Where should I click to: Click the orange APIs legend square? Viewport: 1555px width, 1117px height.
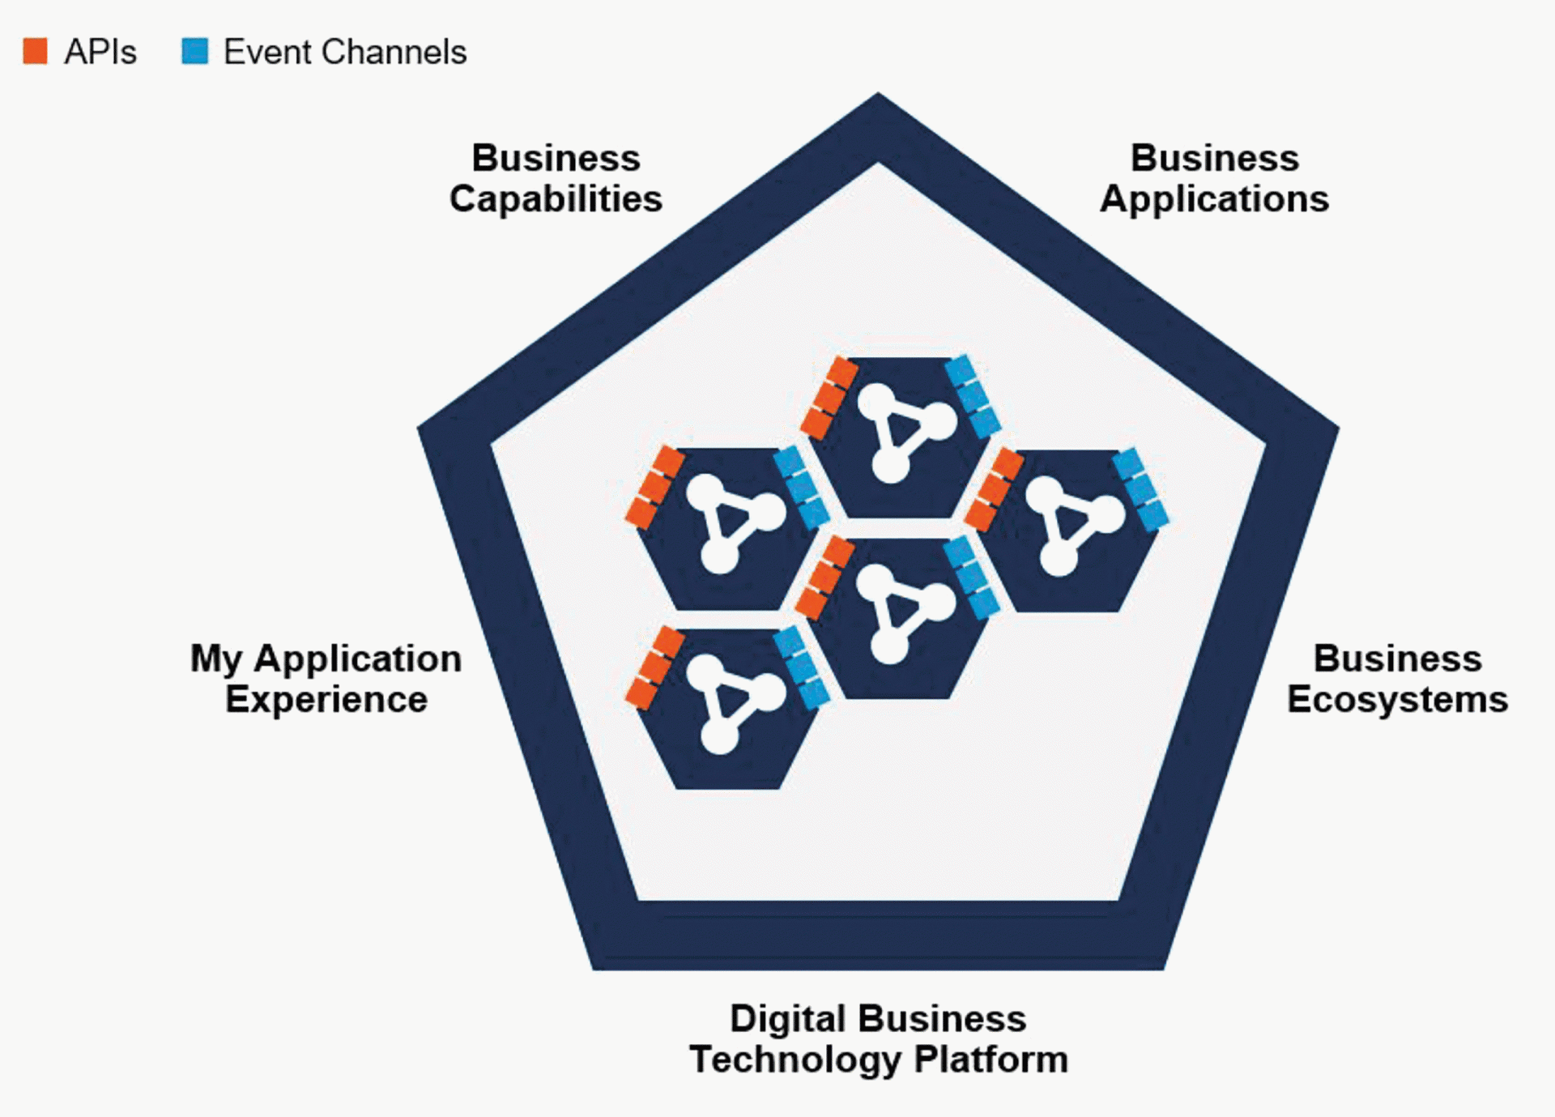coord(35,51)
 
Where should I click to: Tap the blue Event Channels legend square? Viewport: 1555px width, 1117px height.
coord(194,51)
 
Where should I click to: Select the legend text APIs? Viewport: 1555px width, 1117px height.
coord(100,52)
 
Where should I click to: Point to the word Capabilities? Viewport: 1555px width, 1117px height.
coord(556,199)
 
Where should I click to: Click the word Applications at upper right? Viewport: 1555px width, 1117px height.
coord(1214,199)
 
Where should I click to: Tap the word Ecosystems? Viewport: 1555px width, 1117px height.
coord(1397,699)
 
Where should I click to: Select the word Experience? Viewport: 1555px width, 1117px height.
coord(326,699)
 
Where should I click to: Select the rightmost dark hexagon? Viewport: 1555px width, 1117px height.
coord(1067,531)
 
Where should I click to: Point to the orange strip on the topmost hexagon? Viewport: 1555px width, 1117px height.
coord(829,398)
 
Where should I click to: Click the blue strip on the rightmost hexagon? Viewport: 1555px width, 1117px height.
coord(1140,489)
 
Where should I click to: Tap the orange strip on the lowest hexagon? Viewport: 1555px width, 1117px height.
coord(654,668)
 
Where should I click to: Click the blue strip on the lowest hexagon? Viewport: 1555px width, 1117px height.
coord(801,667)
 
